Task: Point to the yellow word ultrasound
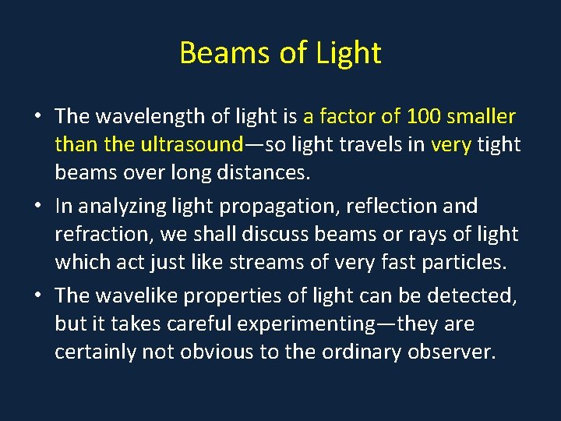pos(192,145)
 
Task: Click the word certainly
pos(95,352)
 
